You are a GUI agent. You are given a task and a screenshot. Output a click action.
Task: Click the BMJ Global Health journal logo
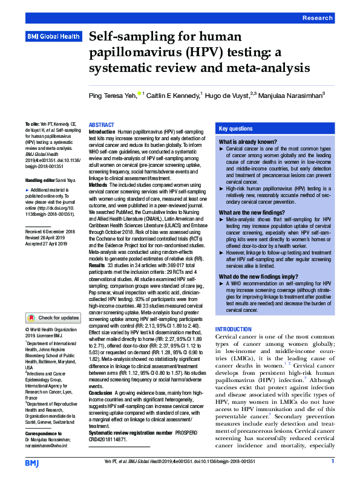pos(53,37)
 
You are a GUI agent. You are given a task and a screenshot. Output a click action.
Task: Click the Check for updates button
pos(53,317)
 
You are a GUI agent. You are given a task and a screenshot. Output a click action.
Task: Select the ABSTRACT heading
pos(101,124)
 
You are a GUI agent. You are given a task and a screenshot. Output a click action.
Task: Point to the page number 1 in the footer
pos(333,462)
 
